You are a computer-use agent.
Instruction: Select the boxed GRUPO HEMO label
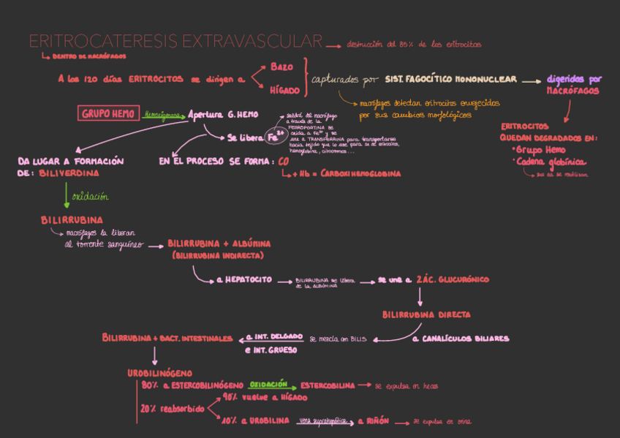tap(108, 114)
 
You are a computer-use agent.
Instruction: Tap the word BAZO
tap(281, 67)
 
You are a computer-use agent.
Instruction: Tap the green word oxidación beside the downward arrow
tap(90, 196)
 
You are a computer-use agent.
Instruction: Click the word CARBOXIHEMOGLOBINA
tap(356, 174)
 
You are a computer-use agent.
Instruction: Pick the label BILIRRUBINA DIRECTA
tap(426, 315)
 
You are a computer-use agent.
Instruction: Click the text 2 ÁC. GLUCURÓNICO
tap(453, 279)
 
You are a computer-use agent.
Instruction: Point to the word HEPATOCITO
tap(249, 279)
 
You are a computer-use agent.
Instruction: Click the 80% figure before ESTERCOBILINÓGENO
tap(150, 385)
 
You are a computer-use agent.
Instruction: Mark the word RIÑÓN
tap(378, 422)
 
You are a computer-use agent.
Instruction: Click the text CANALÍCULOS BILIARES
tap(465, 339)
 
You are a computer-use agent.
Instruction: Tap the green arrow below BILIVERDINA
tap(66, 195)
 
